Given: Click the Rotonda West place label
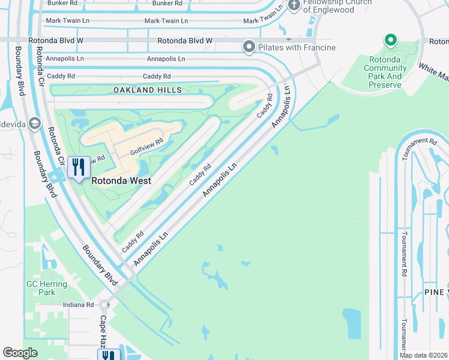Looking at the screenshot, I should [x=120, y=180].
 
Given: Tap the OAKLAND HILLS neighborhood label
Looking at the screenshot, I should [x=148, y=90].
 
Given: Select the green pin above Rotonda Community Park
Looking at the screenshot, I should [x=391, y=41].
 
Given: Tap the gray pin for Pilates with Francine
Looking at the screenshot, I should [x=249, y=46].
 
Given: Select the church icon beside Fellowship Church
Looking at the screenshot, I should [x=294, y=6].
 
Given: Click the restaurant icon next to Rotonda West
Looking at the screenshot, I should [x=79, y=167].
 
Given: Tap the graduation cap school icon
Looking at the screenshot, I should [x=35, y=124].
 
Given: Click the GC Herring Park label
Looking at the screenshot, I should [x=41, y=288].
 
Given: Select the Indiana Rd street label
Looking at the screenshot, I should [x=79, y=305].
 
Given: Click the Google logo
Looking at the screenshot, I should [x=20, y=353].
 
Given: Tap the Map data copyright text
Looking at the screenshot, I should [x=423, y=355].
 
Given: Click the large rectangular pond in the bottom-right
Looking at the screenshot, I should [x=354, y=324].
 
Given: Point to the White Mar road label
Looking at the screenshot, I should [x=433, y=72].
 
